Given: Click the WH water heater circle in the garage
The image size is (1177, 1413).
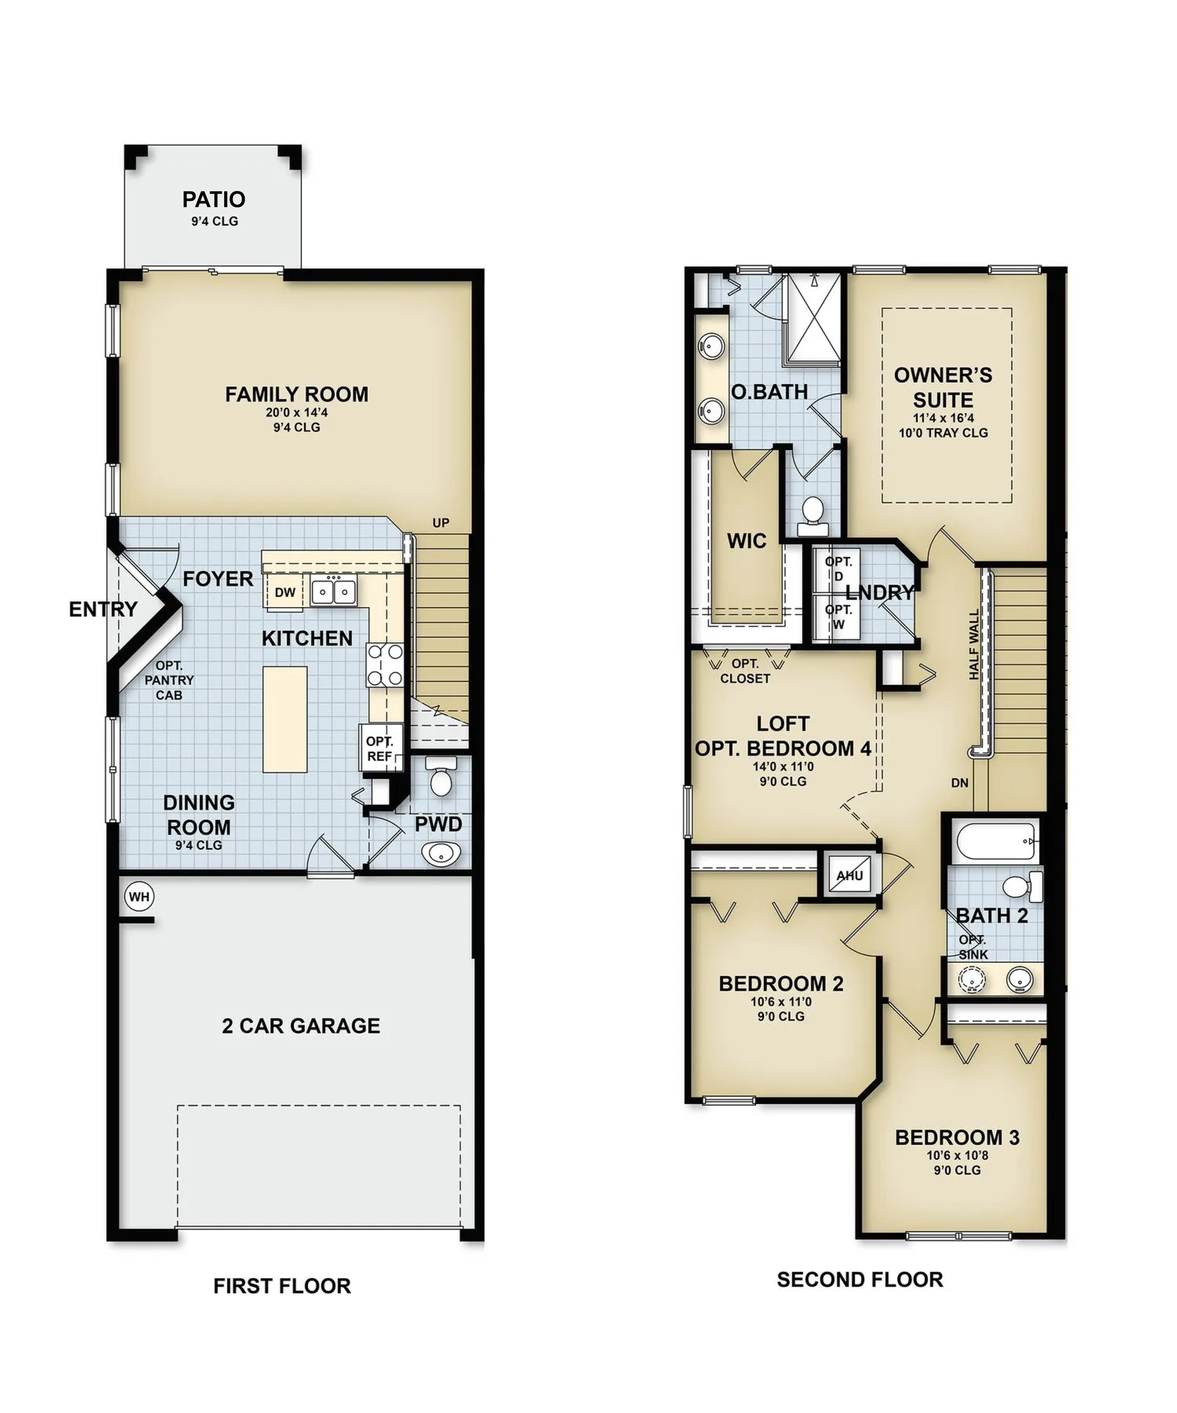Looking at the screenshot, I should tap(139, 896).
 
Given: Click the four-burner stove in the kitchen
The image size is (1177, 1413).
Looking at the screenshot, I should tap(385, 665).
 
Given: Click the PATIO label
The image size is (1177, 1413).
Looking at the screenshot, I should tap(214, 199).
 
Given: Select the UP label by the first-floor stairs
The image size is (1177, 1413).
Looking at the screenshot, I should tap(441, 523).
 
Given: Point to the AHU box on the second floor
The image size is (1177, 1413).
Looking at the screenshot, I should tap(849, 876).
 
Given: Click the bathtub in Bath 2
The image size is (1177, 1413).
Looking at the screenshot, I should tap(995, 841).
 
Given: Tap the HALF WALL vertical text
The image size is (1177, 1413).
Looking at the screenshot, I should tap(974, 645).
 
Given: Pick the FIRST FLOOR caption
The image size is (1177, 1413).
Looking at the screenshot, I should tap(282, 1286).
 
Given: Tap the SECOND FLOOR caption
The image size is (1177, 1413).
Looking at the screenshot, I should tap(860, 1279).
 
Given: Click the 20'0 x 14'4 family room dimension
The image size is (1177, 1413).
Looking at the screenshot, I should tap(297, 413).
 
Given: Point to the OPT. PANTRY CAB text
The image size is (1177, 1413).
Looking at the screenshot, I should tap(169, 680).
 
